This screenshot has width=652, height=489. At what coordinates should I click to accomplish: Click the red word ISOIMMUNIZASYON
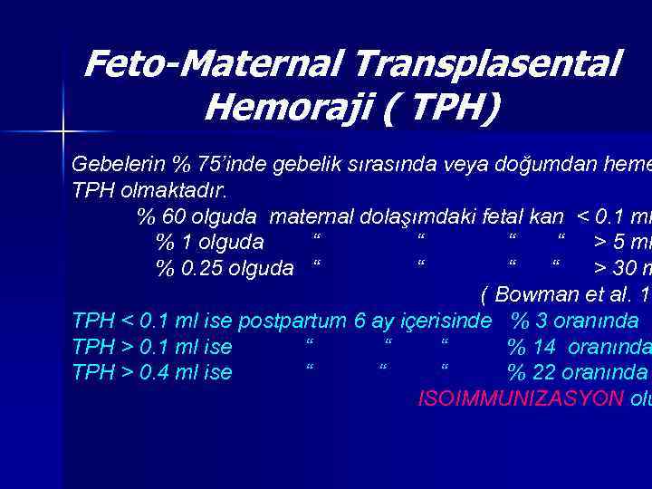[521, 398]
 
